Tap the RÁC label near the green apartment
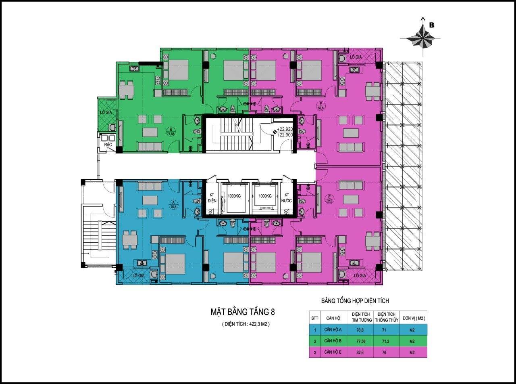(x=108, y=144)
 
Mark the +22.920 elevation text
(x=282, y=129)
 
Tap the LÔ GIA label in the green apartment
(x=106, y=112)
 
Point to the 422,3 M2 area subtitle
(x=246, y=324)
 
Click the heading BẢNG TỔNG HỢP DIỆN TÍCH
(x=355, y=301)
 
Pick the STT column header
(x=314, y=318)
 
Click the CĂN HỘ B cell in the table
(x=333, y=341)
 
